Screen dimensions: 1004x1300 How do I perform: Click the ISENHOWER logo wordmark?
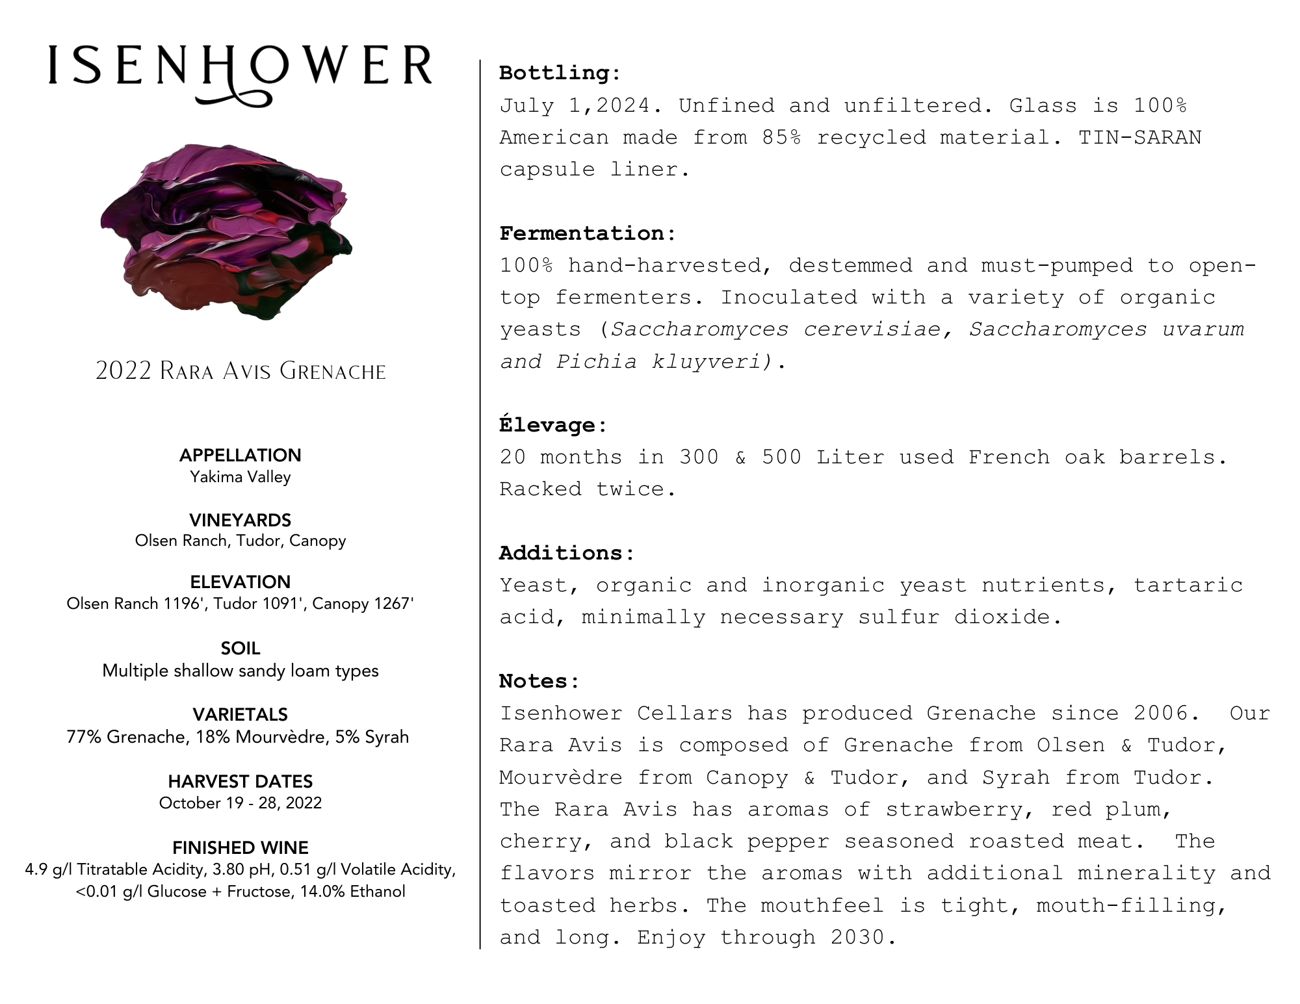(240, 67)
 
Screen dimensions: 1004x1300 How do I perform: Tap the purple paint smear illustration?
(226, 230)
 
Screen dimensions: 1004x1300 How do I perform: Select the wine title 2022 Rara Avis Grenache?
(240, 371)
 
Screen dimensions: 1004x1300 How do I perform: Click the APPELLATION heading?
(240, 455)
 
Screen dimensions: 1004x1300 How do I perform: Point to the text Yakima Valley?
(240, 477)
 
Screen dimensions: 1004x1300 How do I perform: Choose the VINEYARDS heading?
(240, 520)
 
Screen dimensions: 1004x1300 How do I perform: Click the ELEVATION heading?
(240, 582)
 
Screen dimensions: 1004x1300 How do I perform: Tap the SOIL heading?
(240, 648)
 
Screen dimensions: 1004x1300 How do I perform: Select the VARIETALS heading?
(240, 714)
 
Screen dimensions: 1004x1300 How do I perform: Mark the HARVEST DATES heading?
(240, 781)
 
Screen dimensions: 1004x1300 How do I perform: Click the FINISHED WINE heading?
(240, 847)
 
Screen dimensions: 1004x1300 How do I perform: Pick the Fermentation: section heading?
(588, 233)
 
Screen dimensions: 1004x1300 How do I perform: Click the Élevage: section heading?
(553, 425)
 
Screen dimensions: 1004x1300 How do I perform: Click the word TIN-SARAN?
(1139, 138)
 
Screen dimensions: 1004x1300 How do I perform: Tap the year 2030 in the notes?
(857, 937)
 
